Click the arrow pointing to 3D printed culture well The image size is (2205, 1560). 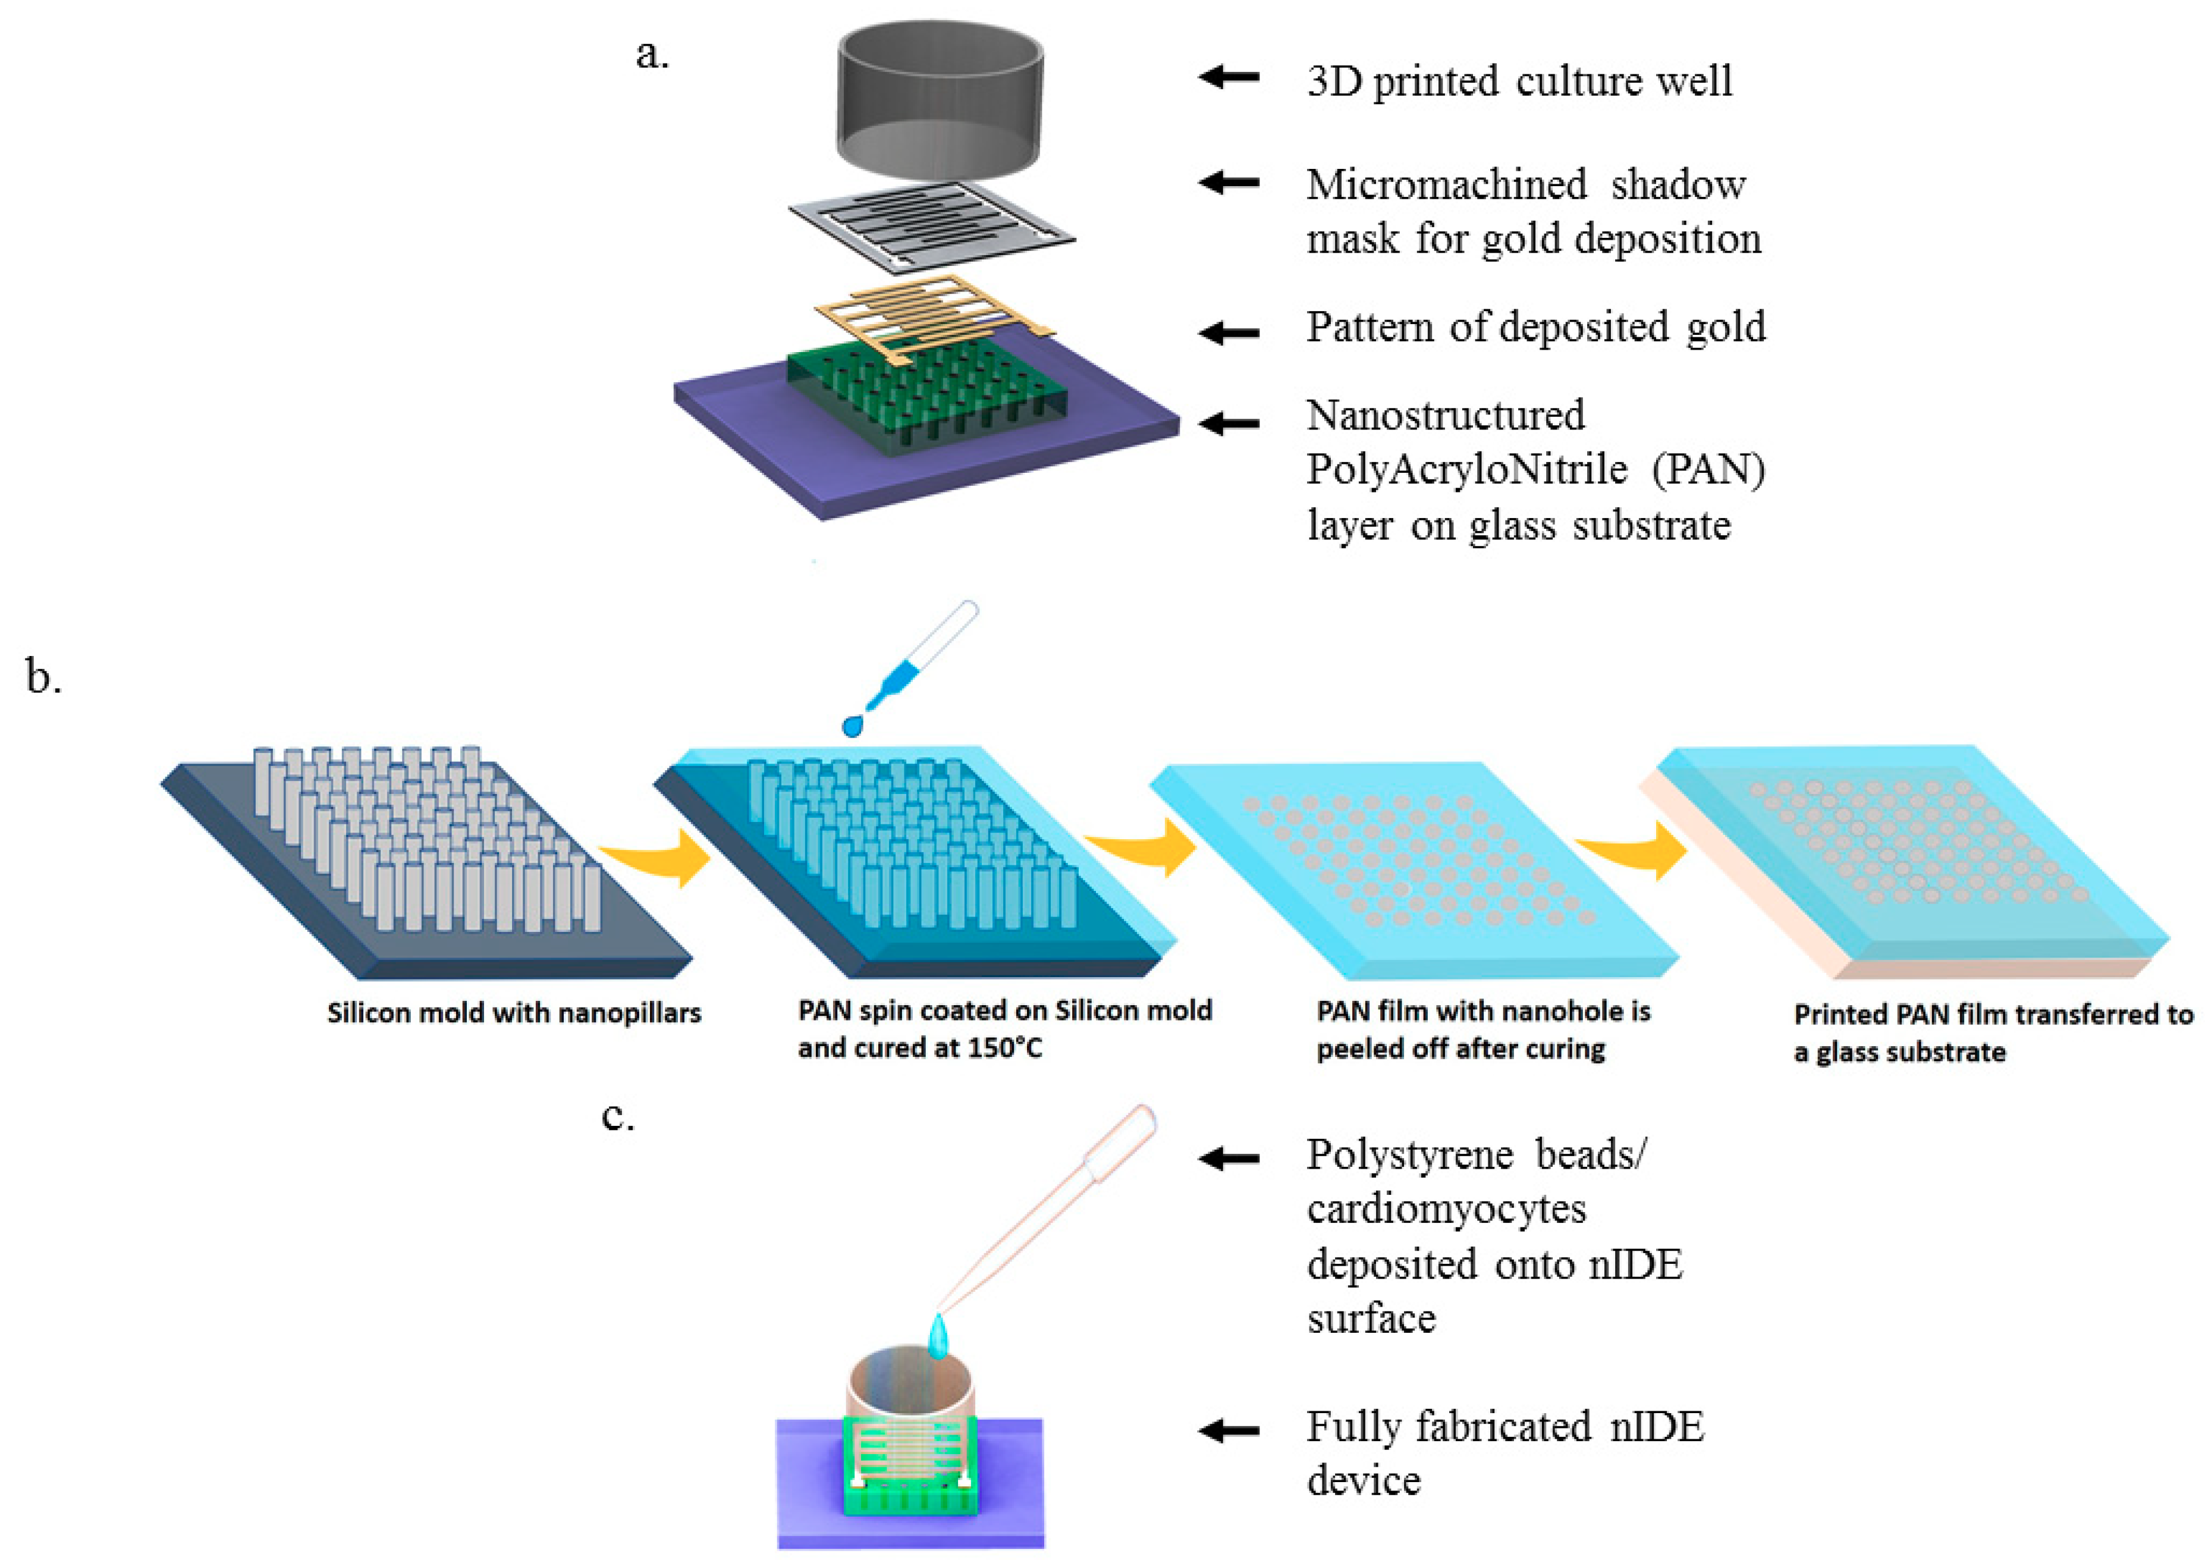point(1229,76)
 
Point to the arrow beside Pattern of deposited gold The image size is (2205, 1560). point(1229,332)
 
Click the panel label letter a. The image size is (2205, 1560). point(652,55)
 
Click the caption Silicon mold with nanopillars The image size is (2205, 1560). point(514,1013)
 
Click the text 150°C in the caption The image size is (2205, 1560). point(1004,1048)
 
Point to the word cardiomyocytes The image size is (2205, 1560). point(1446,1209)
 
